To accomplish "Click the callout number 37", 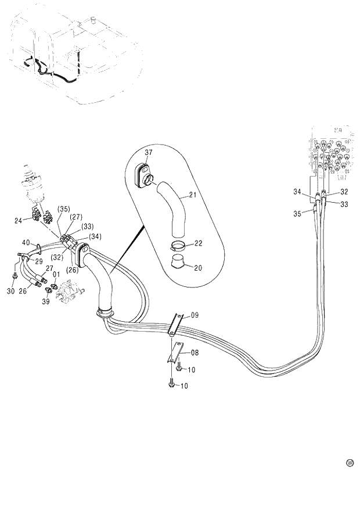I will (x=149, y=153).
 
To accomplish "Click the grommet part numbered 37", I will (x=142, y=174).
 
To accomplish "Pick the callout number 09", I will (x=195, y=315).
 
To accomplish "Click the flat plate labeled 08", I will (x=175, y=354).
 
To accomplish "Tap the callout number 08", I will (x=195, y=352).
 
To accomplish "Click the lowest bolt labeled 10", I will (x=171, y=384).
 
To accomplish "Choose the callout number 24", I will (x=18, y=220).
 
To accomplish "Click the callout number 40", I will (x=26, y=242).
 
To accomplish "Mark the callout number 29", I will (x=39, y=261).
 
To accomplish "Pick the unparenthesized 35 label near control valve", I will (x=297, y=214).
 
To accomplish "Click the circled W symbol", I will (x=350, y=463).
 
